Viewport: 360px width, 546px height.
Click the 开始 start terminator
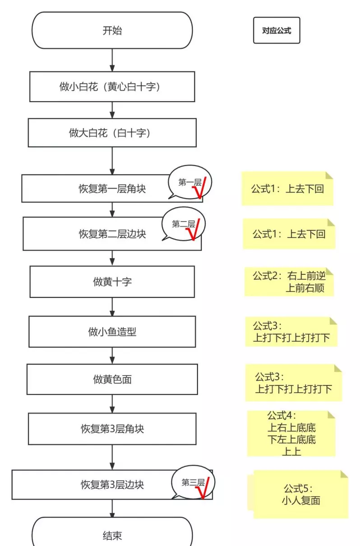coord(112,30)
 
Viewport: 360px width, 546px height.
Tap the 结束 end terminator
coord(112,532)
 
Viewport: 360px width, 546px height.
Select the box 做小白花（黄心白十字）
coord(112,87)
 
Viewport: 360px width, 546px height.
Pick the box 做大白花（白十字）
coord(112,133)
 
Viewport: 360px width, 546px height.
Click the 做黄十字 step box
coord(112,282)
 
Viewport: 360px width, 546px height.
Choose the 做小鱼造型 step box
coord(112,332)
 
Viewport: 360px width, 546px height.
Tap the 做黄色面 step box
coord(112,379)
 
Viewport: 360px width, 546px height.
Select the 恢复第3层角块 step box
coord(112,429)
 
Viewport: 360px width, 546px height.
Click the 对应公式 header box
coord(277,30)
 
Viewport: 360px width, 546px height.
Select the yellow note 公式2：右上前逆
coord(289,282)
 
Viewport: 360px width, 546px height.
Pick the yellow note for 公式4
coord(291,433)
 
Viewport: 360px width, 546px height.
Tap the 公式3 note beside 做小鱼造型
coord(291,332)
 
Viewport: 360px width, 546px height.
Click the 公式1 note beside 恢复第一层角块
coord(287,189)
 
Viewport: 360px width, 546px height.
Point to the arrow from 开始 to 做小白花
coord(112,60)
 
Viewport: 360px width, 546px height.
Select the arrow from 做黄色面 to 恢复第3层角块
coord(112,404)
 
